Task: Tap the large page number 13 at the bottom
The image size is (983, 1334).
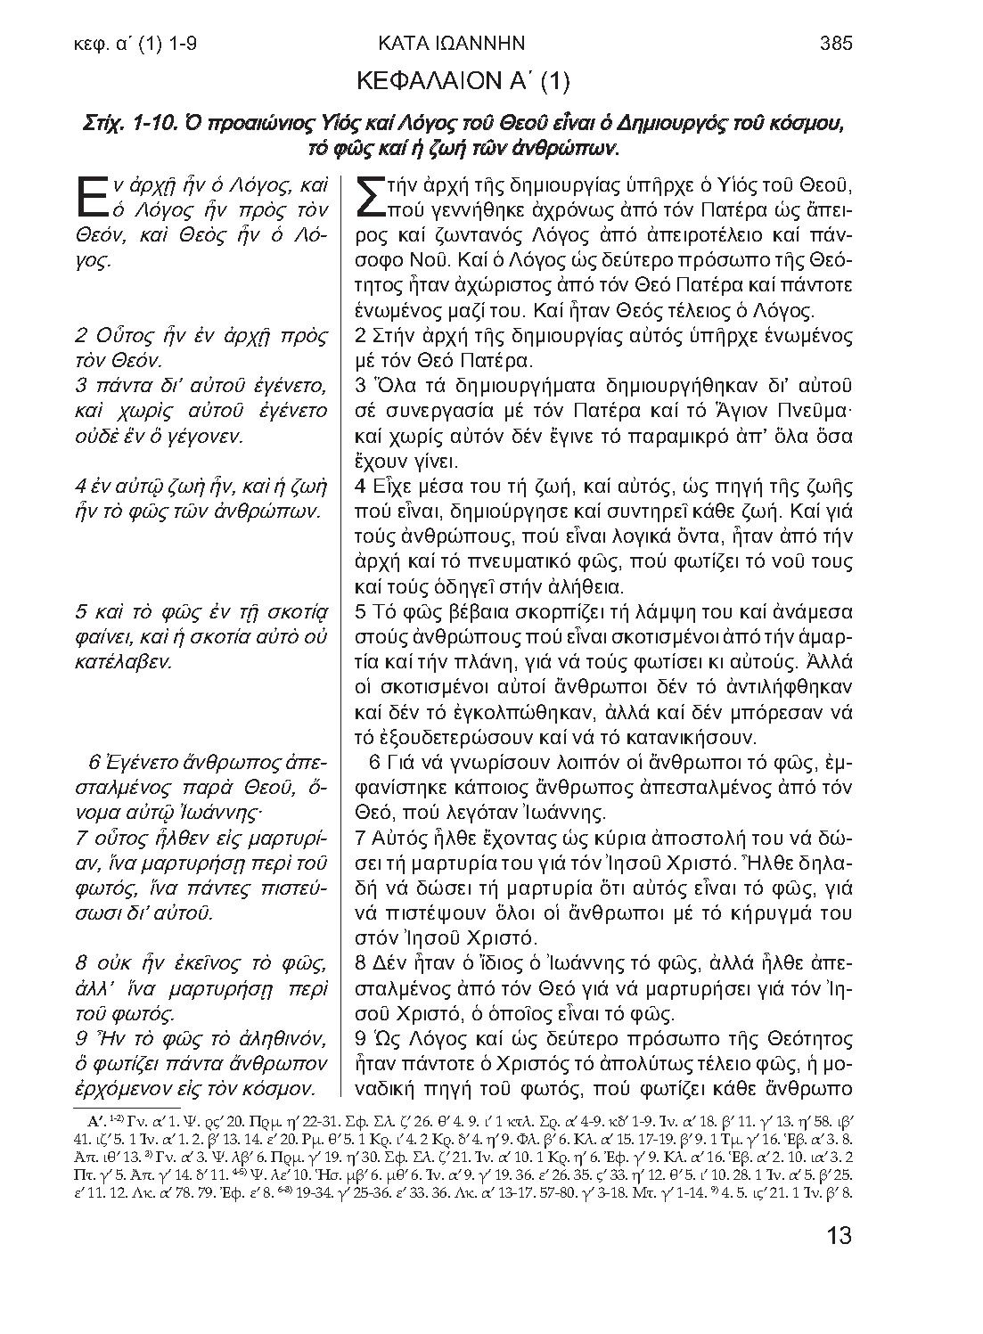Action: click(840, 1236)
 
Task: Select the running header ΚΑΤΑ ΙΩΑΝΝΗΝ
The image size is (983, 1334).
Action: click(451, 42)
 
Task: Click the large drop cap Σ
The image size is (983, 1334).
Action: click(370, 197)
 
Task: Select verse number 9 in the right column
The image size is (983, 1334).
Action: click(360, 1039)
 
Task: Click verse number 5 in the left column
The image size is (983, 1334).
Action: click(80, 612)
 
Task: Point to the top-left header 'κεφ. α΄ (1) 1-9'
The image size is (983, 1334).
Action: click(136, 42)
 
